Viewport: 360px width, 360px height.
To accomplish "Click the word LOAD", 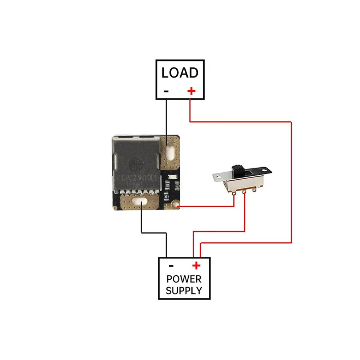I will (180, 73).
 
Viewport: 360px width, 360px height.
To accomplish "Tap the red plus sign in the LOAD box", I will (191, 91).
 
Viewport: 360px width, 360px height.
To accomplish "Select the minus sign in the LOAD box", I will (166, 91).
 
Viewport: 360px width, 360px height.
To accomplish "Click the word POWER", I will (184, 279).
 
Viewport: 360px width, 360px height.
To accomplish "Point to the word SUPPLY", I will (184, 291).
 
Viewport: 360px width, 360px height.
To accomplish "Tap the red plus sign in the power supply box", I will (196, 266).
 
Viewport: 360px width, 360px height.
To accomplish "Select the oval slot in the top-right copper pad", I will (170, 150).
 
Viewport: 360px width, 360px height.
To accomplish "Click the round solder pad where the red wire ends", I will (176, 206).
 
